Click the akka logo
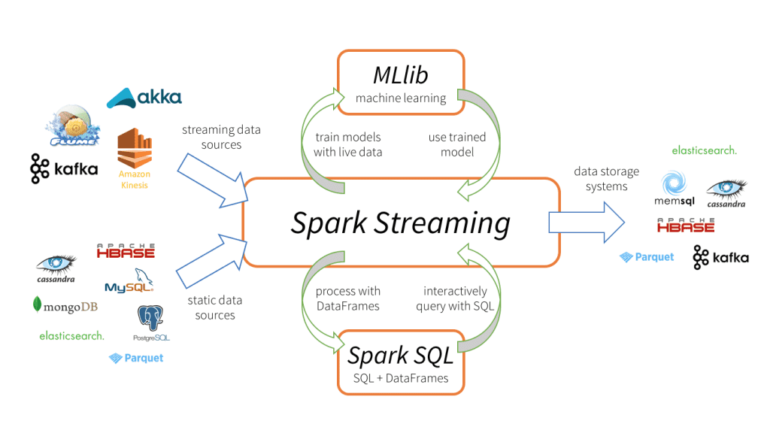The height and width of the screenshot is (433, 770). pyautogui.click(x=144, y=97)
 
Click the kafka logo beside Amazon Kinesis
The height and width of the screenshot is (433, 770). pyautogui.click(x=64, y=168)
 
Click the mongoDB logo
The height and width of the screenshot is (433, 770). pyautogui.click(x=65, y=306)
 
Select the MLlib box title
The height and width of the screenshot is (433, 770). pyautogui.click(x=401, y=75)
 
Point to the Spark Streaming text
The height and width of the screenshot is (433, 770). pyautogui.click(x=401, y=223)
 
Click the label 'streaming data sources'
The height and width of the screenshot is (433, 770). pyautogui.click(x=221, y=137)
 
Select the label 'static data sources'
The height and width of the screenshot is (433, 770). pyautogui.click(x=215, y=307)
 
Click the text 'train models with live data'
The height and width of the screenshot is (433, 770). pyautogui.click(x=347, y=144)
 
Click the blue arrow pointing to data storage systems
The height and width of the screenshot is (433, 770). pyautogui.click(x=587, y=223)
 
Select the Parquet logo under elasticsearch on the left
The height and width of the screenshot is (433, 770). pyautogui.click(x=136, y=359)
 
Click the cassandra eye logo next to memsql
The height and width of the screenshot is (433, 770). pyautogui.click(x=726, y=192)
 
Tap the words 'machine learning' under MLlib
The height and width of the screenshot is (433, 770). pyautogui.click(x=401, y=98)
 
